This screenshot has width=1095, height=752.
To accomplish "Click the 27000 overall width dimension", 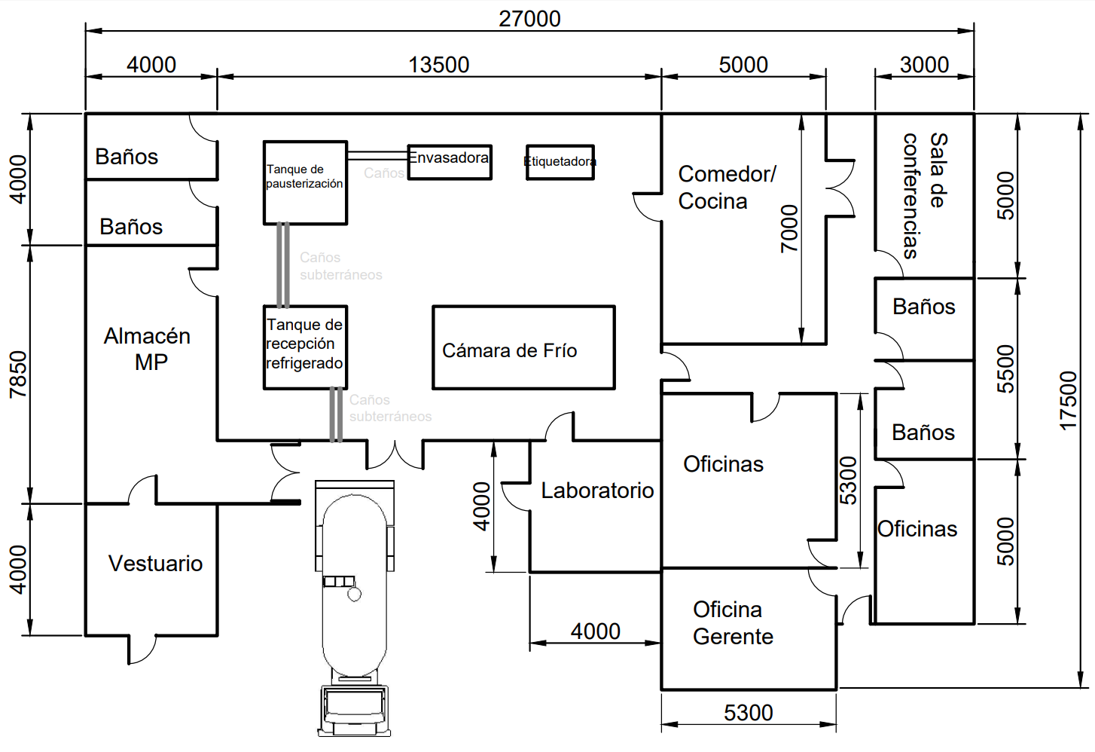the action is [529, 19].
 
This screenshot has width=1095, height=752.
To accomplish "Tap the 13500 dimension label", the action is [438, 65].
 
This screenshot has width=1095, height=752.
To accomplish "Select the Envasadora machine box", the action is [450, 163].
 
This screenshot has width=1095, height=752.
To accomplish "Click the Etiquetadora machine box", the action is [560, 163].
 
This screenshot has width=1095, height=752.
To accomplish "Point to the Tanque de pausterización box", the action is [306, 183].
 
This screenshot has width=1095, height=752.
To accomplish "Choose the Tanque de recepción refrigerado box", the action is [306, 347].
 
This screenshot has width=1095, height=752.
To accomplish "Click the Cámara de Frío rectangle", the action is [523, 347].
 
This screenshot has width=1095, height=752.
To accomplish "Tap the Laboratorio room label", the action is [597, 491].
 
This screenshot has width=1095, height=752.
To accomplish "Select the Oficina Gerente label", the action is [733, 623].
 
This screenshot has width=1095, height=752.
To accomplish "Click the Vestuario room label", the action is [155, 564].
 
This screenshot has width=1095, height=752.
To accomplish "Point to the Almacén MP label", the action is [147, 349].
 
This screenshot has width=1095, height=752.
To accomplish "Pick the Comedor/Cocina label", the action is [727, 188].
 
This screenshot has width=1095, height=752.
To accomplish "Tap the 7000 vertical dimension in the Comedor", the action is [789, 229].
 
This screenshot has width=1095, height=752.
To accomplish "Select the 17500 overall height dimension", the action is [1069, 401].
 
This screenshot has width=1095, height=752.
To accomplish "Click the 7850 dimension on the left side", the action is [19, 374].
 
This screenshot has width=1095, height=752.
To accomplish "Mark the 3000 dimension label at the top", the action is [924, 65].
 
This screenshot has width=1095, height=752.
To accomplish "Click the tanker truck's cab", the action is [355, 711].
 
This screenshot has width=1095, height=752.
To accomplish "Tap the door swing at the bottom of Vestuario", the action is [142, 650].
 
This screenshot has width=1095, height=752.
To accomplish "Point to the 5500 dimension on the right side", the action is [1005, 369].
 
